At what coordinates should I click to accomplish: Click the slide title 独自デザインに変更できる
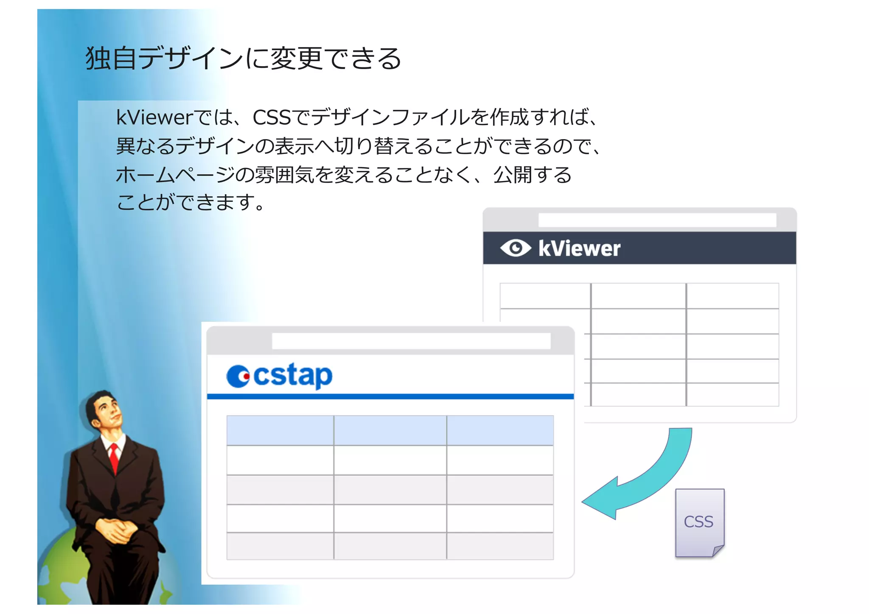243,58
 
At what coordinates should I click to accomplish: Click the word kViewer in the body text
154,117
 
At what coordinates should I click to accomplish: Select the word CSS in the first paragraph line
272,117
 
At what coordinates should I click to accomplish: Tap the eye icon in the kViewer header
515,248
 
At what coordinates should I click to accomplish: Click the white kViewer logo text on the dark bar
579,248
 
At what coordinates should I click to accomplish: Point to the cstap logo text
293,375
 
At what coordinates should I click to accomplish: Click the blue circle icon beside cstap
238,376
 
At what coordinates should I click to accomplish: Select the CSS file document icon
699,522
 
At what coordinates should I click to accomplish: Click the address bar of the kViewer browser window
657,220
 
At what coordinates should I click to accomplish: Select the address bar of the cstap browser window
411,341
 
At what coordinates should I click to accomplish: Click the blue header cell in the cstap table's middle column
390,430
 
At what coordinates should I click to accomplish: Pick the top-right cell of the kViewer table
732,296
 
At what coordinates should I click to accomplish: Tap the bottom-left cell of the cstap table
280,546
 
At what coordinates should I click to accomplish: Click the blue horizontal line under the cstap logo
390,396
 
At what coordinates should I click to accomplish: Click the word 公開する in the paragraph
533,175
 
